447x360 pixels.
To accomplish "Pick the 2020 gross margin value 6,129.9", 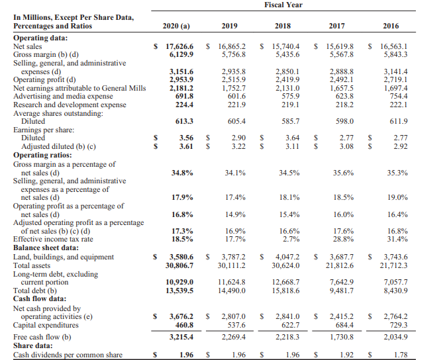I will click(x=179, y=54).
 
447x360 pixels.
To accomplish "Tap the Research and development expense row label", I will click(x=70, y=104).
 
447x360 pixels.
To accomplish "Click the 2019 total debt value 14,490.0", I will click(x=232, y=290).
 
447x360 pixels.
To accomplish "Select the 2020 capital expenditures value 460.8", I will click(x=182, y=325).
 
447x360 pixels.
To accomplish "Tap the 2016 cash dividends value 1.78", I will click(x=399, y=355).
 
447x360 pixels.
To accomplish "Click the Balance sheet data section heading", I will click(x=46, y=247).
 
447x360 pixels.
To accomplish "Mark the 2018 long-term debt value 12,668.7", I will click(x=285, y=282).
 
